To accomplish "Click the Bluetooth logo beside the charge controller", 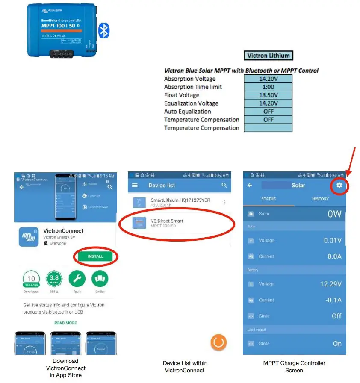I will click(x=104, y=30).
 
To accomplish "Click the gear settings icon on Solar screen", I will click(x=339, y=185).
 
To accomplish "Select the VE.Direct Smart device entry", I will click(x=167, y=223).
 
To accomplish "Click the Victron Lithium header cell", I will click(x=269, y=56).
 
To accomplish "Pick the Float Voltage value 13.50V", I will click(x=269, y=95).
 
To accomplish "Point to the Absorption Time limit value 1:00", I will click(x=269, y=87).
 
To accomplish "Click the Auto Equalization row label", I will click(x=187, y=112).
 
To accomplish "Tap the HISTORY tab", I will click(x=320, y=199).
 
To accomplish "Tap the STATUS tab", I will click(x=269, y=199).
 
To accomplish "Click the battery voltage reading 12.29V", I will click(x=330, y=284).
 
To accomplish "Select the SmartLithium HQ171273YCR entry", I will click(x=180, y=202).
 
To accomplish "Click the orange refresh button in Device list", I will click(x=218, y=342).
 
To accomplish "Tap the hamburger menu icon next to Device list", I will click(x=135, y=186).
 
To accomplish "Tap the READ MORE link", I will click(x=65, y=323).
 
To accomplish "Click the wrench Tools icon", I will click(x=77, y=279).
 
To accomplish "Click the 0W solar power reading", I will click(x=334, y=214).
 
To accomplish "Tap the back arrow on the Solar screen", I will click(x=250, y=186).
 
